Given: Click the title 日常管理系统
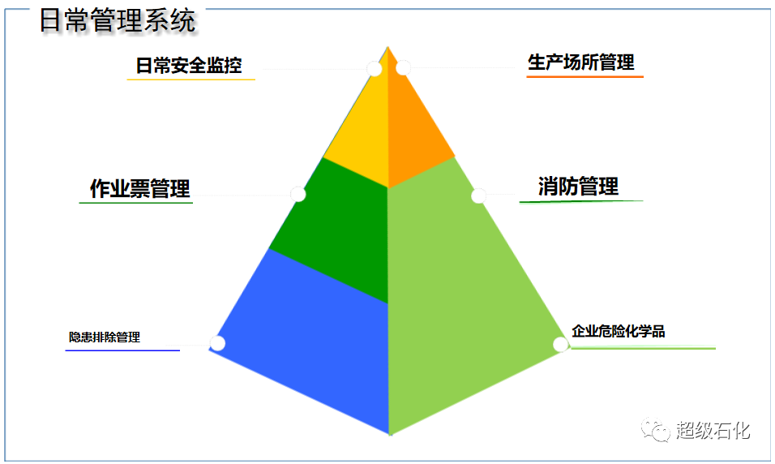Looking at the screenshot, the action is (x=118, y=21).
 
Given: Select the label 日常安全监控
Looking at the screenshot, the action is (x=189, y=65).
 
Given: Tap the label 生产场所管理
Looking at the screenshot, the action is (x=580, y=62).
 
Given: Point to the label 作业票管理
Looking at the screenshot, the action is (x=140, y=188).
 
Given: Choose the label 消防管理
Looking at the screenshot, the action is (x=578, y=187).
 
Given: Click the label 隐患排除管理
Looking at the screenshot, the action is (x=105, y=337).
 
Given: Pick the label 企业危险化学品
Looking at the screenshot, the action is (x=618, y=331).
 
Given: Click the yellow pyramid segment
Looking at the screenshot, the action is (x=361, y=129).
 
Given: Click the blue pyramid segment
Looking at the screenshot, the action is (x=306, y=337).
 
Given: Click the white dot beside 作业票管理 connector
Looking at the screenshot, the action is (x=298, y=194).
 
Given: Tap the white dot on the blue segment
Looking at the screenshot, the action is (x=217, y=343).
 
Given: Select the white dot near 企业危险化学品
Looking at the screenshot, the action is (x=560, y=344).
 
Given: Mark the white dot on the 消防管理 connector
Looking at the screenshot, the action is (x=478, y=195).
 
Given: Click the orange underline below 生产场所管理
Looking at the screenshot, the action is (x=584, y=77).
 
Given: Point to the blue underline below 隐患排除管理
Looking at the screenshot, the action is (x=122, y=350).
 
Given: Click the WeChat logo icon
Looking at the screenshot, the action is (x=655, y=429).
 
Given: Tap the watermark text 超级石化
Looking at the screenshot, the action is (x=713, y=431).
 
